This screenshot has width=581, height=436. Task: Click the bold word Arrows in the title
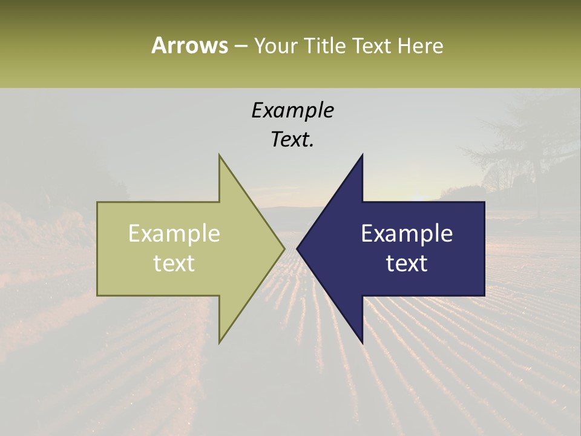(189, 45)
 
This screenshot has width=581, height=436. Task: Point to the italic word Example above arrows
(292, 110)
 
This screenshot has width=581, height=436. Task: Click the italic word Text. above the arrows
(292, 139)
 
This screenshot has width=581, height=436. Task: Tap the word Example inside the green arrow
(174, 234)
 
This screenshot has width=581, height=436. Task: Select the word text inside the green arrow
(174, 263)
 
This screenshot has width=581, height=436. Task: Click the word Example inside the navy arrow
(407, 234)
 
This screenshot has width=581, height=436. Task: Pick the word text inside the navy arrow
(407, 263)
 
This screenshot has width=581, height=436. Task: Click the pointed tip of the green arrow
(284, 248)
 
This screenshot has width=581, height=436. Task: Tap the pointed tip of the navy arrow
(297, 248)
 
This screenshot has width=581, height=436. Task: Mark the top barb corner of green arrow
(219, 155)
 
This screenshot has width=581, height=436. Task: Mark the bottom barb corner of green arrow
(219, 343)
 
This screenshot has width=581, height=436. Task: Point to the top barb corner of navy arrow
(362, 155)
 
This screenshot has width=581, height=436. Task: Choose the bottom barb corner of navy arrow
(362, 343)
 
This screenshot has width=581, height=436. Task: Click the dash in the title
(240, 47)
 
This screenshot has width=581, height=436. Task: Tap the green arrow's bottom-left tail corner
(98, 295)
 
